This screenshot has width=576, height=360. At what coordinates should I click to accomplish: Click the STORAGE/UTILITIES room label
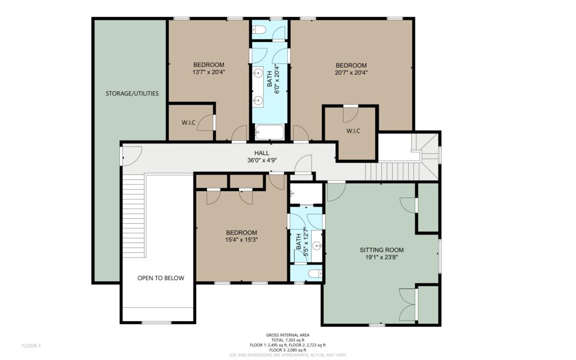pos(132,93)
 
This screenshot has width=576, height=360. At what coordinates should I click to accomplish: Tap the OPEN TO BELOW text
pos(161,278)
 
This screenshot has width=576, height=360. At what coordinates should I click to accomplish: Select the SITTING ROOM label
pos(382,250)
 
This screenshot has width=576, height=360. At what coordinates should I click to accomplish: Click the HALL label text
pos(262,153)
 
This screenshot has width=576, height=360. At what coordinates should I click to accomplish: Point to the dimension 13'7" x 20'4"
pos(209,73)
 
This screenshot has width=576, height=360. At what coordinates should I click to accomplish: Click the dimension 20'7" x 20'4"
pos(351,73)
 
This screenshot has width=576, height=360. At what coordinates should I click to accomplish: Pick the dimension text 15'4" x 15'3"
pos(241,240)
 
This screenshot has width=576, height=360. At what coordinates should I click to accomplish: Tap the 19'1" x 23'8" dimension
pos(382,257)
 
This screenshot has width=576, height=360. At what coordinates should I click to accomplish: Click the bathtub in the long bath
pos(269,132)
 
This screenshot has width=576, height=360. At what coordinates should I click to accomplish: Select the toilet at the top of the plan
pos(260,30)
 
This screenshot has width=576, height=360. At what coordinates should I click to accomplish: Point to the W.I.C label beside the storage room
pos(188,123)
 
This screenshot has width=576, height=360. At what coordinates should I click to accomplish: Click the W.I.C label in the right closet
pos(353,130)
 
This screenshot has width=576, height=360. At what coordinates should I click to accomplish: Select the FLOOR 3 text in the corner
pos(31,346)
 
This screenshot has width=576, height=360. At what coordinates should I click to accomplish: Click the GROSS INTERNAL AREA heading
pos(287,335)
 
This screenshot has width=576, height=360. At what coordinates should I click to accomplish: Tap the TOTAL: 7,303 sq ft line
pos(287,340)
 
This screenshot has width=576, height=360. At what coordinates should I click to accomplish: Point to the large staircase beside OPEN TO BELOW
pos(134,216)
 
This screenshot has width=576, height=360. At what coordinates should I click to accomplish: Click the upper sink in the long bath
pos(259,73)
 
